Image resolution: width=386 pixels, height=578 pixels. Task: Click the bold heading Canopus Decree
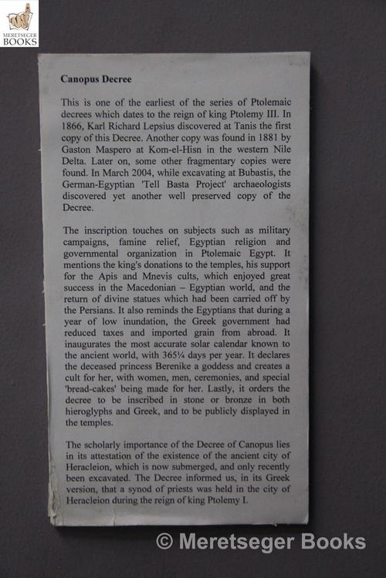coord(96,79)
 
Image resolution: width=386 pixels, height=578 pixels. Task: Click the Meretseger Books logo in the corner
coord(19,22)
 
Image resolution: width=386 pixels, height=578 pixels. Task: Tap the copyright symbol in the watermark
coord(164,541)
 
